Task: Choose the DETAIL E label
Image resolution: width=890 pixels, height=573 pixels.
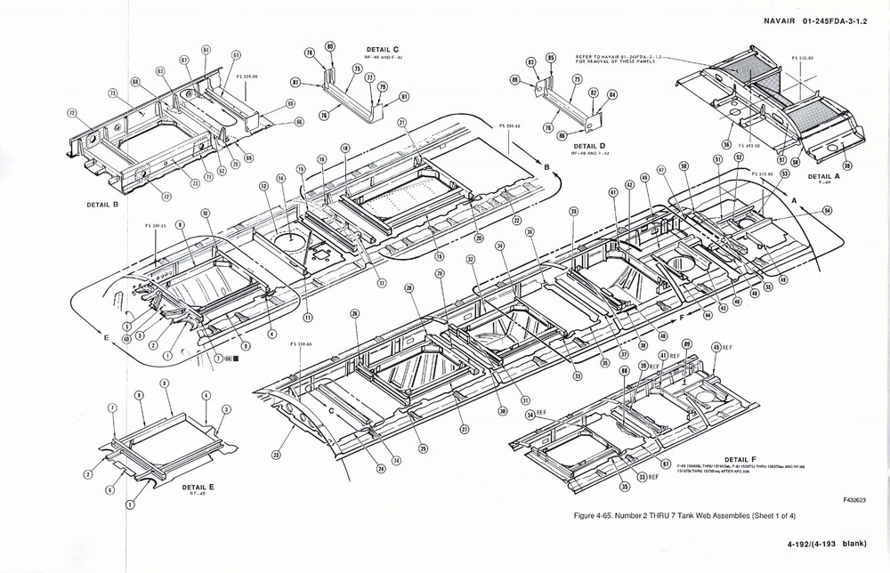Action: point(201,488)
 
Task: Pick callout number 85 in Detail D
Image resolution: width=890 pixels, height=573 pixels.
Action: point(551,58)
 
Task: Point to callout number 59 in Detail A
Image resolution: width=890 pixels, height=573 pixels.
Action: point(846,166)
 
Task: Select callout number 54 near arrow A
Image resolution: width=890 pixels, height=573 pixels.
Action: point(827,211)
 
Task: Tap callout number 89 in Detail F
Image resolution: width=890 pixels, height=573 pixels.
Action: point(686,343)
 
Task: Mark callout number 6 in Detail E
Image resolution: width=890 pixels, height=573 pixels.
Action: point(109,489)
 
